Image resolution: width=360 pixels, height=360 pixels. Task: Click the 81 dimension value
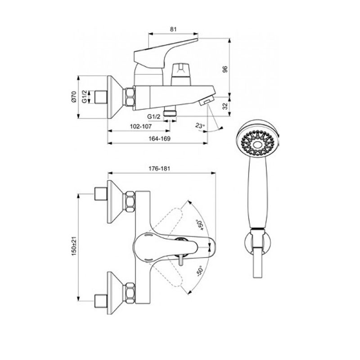coord(173,29)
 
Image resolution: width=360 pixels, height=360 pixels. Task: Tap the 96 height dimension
coord(225,69)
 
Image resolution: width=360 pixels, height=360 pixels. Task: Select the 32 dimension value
coord(225,106)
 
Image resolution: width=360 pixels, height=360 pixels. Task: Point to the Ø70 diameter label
coord(73,97)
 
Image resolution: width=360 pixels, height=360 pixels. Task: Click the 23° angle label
coord(200,126)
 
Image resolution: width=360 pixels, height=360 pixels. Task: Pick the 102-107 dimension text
coord(141,126)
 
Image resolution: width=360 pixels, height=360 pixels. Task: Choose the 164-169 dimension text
coord(160,139)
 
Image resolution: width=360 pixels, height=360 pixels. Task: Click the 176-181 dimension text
coord(159,169)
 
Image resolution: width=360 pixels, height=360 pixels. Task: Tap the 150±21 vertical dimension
coord(74,247)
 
